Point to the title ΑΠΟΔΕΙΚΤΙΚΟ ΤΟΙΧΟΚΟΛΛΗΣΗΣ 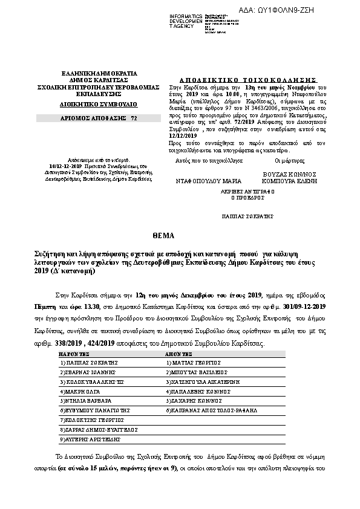coord(249,79)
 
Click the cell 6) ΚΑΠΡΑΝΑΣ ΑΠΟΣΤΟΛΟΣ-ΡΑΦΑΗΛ coord(211,410)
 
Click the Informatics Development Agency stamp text coord(186,18)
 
